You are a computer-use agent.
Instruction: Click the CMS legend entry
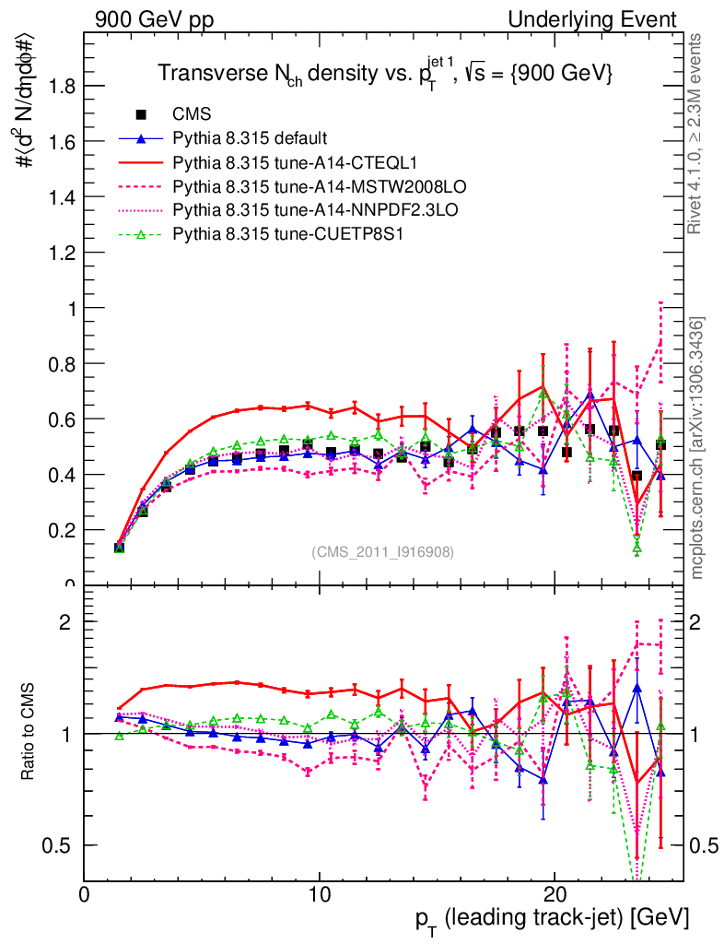tap(192, 115)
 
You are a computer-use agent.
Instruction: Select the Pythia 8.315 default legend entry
tap(250, 139)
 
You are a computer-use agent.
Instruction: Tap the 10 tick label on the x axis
tap(319, 895)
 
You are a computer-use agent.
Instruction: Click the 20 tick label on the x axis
tap(554, 895)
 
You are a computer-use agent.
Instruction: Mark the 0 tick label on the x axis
tap(84, 895)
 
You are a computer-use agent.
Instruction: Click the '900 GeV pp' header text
tap(151, 20)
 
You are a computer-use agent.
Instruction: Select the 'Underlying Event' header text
tap(605, 20)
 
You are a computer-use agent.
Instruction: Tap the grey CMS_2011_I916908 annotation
tap(382, 552)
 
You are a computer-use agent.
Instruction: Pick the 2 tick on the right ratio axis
tap(696, 621)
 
